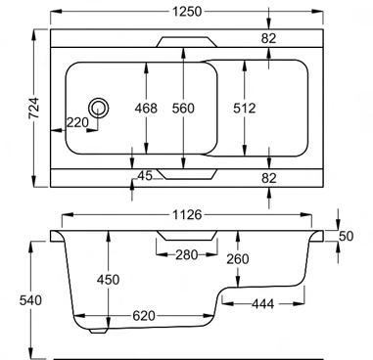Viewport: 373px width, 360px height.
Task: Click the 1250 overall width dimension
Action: [x=187, y=12]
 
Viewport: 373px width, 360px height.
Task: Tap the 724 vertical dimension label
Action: [x=34, y=108]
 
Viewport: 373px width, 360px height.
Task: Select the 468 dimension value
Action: [x=146, y=109]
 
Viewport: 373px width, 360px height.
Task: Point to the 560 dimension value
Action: [x=183, y=109]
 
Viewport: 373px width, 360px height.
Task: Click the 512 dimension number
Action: [x=244, y=109]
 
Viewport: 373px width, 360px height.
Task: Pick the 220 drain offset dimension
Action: [x=77, y=122]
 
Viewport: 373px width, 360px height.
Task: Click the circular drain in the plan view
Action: [x=98, y=108]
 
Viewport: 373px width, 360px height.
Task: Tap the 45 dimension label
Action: [x=145, y=176]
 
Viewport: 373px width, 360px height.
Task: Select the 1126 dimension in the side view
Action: [x=187, y=215]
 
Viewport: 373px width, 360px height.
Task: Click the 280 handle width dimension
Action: [x=187, y=254]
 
